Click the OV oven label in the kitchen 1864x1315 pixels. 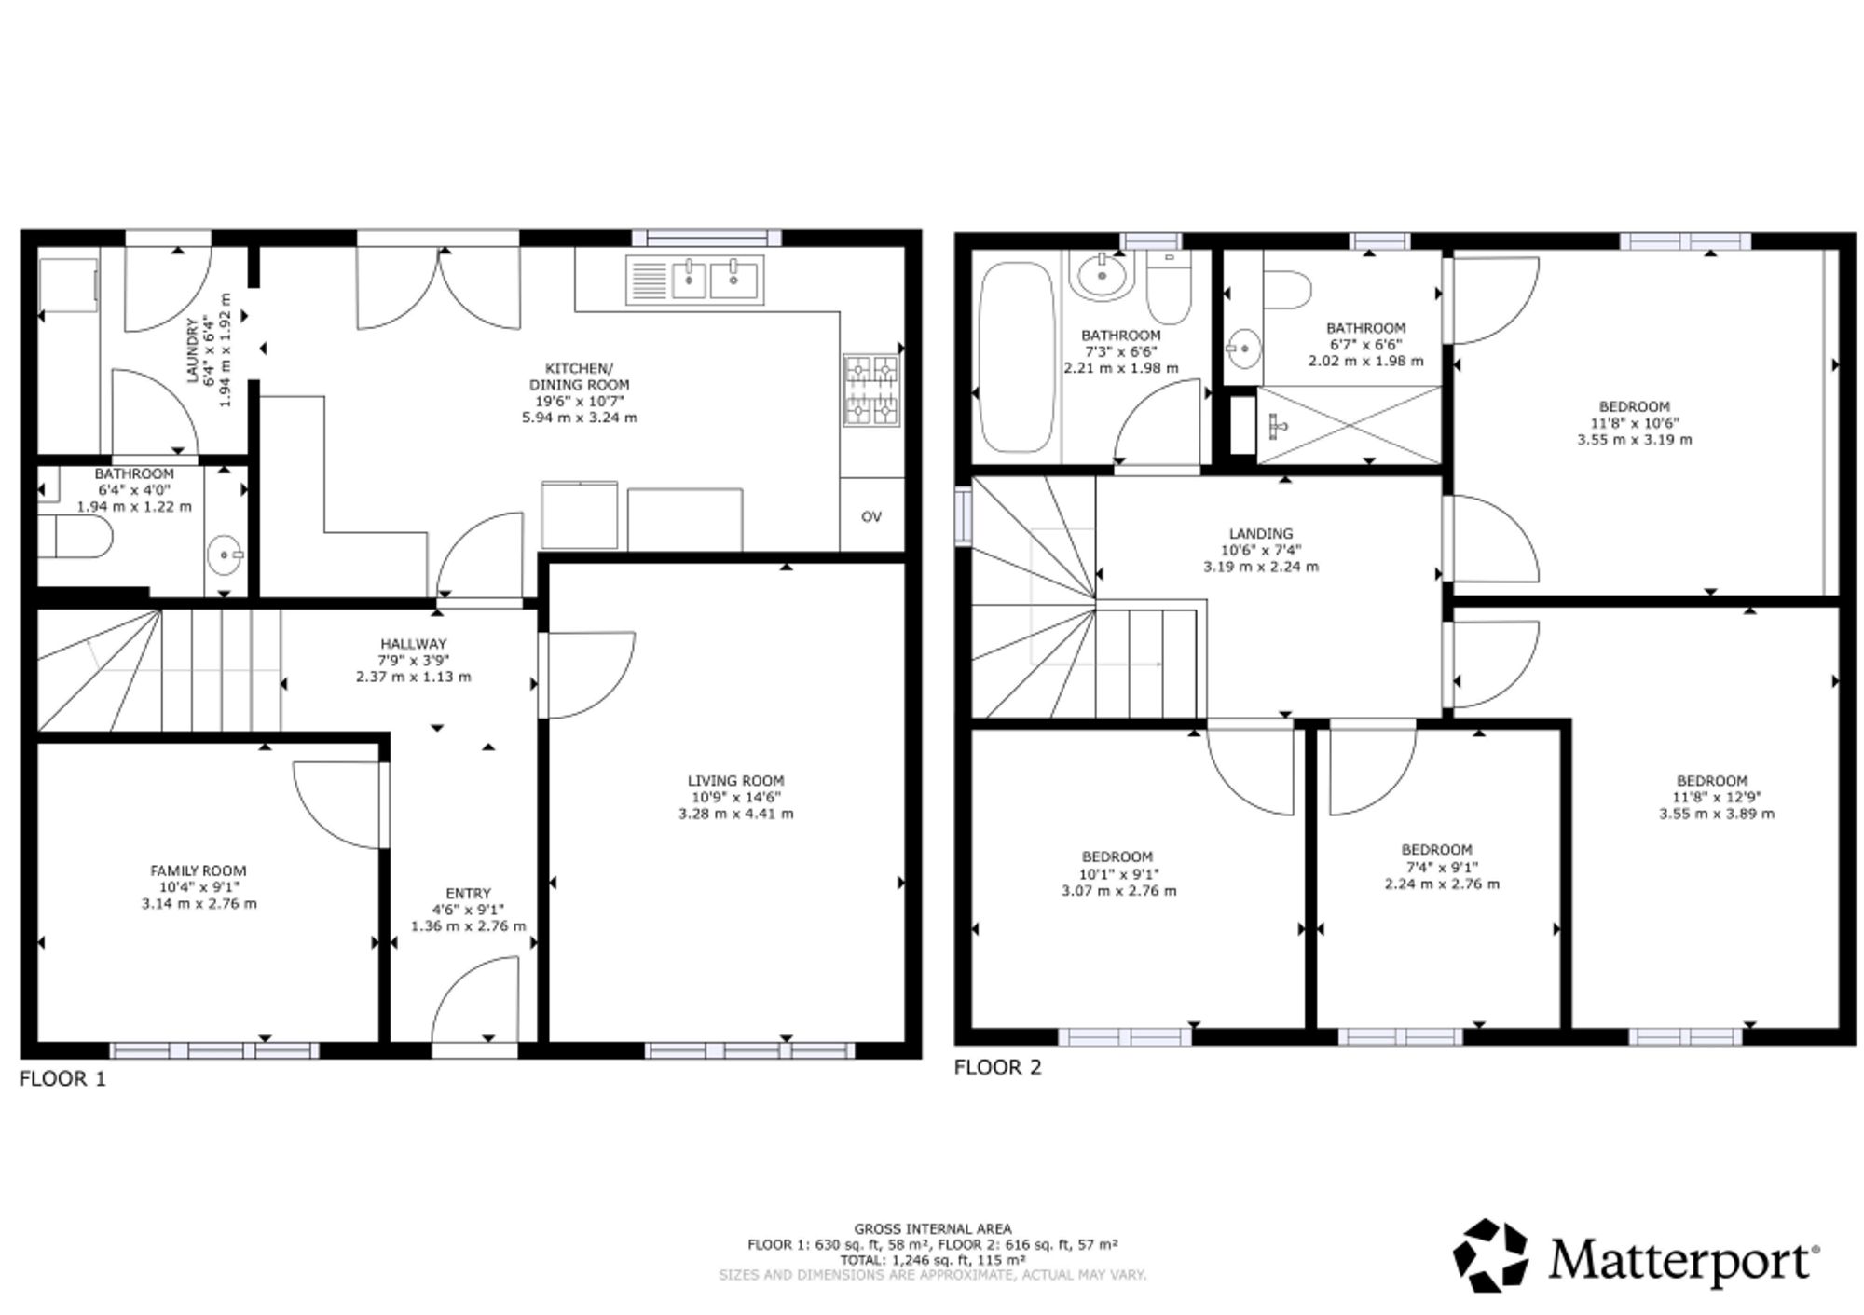(870, 516)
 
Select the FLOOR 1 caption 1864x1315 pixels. (63, 1079)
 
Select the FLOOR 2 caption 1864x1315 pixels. (997, 1068)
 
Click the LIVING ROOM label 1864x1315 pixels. (735, 781)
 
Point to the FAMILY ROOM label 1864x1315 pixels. (199, 871)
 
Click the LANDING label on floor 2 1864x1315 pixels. (1261, 534)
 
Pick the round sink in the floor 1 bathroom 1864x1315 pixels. (225, 555)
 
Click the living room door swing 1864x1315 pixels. (587, 675)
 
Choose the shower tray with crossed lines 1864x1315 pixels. (1349, 424)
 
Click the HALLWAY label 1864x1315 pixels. (414, 644)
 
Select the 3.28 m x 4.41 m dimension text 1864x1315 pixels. (736, 814)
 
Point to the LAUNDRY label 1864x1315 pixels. (193, 349)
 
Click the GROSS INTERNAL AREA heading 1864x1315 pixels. (932, 1229)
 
